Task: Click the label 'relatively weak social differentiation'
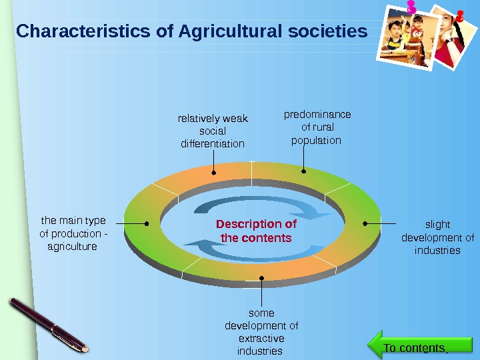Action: point(213,131)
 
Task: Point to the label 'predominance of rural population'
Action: point(317,127)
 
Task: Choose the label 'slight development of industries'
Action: point(437,237)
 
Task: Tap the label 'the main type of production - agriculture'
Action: point(73,233)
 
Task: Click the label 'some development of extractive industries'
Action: point(261,332)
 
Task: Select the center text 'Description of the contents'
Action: point(256,231)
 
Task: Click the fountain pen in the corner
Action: point(49,323)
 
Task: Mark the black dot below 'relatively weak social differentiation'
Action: point(214,173)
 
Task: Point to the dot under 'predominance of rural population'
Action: point(303,171)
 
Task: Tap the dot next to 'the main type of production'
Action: point(147,223)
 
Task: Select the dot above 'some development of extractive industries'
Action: point(261,279)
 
